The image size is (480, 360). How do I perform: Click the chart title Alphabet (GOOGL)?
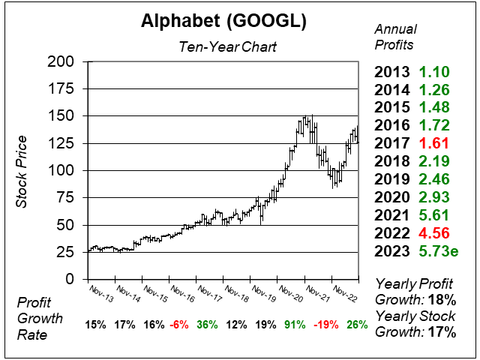223,22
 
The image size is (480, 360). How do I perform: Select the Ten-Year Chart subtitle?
227,46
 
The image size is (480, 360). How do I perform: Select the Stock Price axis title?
22,172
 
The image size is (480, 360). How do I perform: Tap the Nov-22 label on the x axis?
345,292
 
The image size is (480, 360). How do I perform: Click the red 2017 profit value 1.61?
434,142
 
